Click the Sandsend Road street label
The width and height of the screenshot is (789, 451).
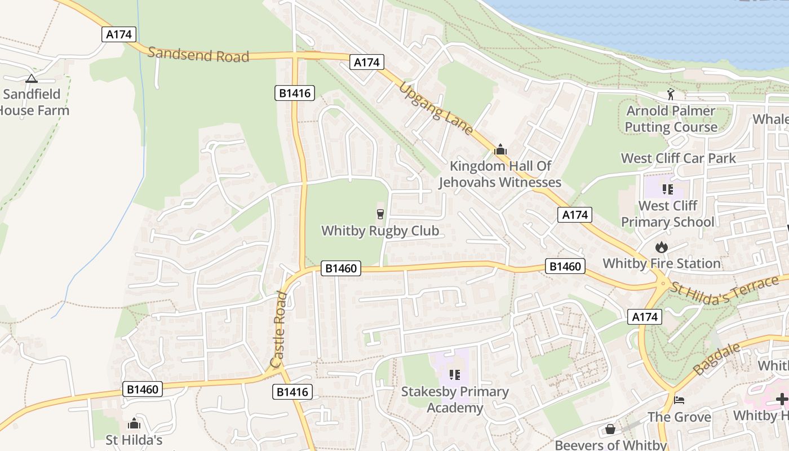(x=198, y=55)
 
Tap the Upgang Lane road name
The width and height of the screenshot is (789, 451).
(x=436, y=108)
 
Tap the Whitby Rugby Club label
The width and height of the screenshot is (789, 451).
(x=380, y=231)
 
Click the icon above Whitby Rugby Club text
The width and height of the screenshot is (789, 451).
(x=380, y=214)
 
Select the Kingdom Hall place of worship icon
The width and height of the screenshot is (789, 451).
(x=500, y=150)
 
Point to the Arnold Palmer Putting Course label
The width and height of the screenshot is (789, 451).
(x=671, y=119)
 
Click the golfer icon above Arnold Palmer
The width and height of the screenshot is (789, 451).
(x=670, y=94)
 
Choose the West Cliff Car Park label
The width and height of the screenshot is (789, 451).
(x=678, y=158)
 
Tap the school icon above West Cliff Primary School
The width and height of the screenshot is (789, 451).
(x=668, y=189)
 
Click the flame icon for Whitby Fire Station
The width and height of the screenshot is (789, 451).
(x=662, y=247)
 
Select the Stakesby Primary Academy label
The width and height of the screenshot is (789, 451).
(x=455, y=399)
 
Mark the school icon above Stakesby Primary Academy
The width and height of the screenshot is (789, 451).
(x=455, y=375)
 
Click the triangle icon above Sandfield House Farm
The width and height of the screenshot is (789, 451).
(x=32, y=79)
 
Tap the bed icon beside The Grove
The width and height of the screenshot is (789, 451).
(x=680, y=400)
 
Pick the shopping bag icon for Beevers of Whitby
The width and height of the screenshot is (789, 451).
(x=610, y=429)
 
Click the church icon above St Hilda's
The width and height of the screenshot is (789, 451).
(x=134, y=423)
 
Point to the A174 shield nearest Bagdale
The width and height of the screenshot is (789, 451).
(x=645, y=317)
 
